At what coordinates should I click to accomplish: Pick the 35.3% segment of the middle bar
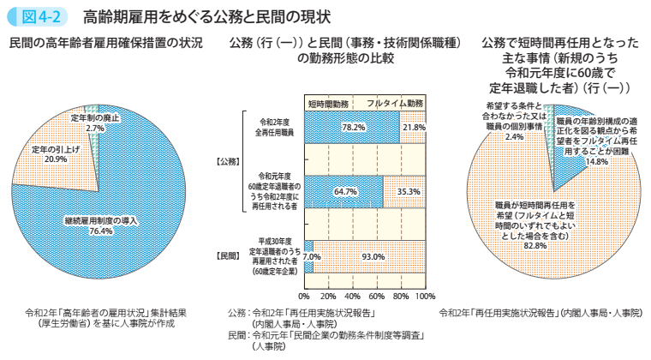coord(408,191)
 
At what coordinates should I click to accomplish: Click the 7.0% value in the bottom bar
coord(311,255)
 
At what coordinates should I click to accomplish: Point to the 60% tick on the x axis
coord(377,296)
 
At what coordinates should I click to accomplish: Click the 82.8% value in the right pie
coord(535,245)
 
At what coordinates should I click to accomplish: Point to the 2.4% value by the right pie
coord(514,136)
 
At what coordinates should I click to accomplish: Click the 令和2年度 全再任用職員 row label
coord(275,128)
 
